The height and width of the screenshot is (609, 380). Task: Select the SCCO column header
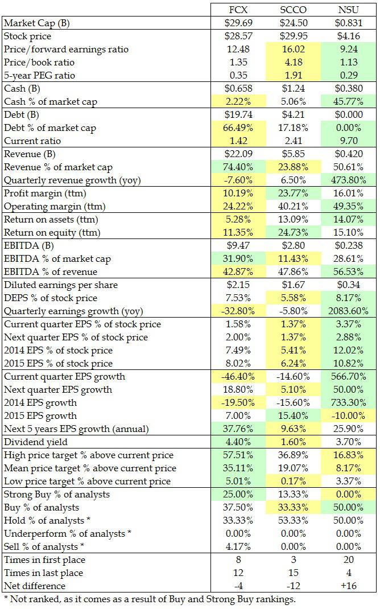[294, 10]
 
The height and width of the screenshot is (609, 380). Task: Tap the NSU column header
[349, 10]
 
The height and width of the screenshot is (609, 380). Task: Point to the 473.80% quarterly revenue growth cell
[349, 180]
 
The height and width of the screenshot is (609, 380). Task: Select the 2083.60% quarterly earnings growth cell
[349, 311]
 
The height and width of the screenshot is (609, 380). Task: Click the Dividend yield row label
[36, 442]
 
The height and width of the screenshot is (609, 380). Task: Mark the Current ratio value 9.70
[349, 141]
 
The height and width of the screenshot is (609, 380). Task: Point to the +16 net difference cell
[349, 586]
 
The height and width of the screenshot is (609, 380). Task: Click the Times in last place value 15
[294, 573]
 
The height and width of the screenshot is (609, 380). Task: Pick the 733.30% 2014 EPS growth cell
[349, 403]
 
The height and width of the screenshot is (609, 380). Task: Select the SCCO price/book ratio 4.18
[294, 63]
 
